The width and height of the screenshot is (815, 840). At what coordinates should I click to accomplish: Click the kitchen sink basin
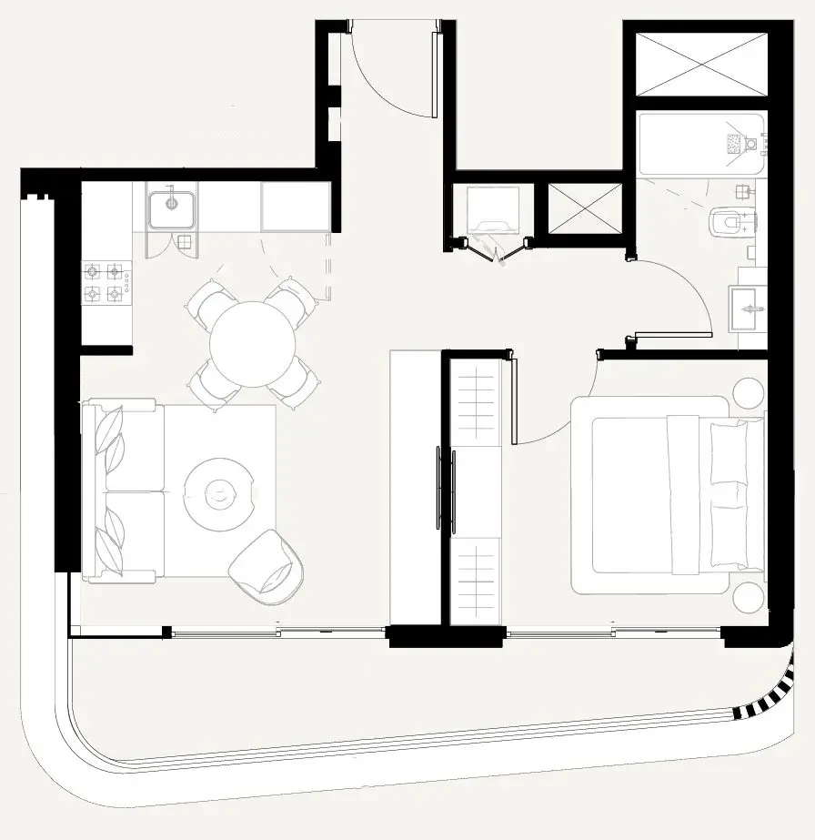tap(171, 209)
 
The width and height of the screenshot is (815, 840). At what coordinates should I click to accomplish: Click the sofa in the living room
tap(124, 491)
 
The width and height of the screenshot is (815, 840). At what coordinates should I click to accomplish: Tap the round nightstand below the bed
tap(750, 600)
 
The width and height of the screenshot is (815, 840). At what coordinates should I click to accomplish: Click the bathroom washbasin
tap(749, 309)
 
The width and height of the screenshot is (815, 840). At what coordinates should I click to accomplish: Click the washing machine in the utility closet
tap(493, 213)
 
